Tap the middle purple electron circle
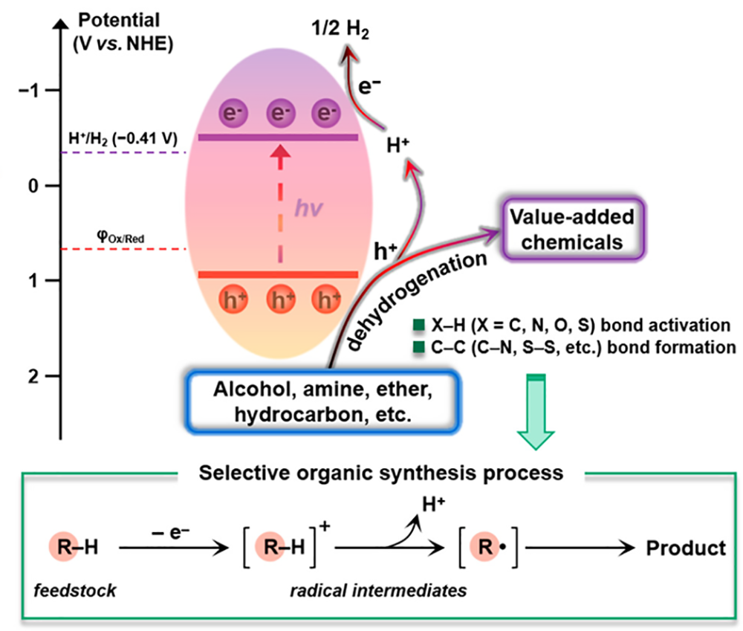click(279, 114)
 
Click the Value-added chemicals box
click(569, 230)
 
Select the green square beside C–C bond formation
click(419, 346)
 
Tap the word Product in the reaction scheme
click(685, 549)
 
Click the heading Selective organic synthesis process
click(384, 472)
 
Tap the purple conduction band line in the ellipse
click(279, 137)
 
